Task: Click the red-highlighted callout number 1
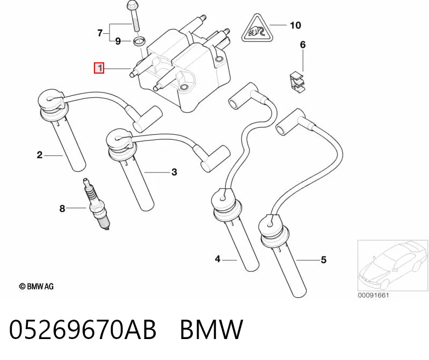click(99, 68)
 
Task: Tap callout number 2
click(40, 155)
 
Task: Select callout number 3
click(174, 172)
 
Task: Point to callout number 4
click(217, 258)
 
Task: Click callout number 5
click(324, 260)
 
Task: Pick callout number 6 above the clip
click(303, 45)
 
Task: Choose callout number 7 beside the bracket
click(100, 33)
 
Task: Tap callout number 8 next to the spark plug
click(62, 208)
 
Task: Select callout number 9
click(118, 41)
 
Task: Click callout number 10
click(295, 25)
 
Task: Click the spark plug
click(97, 204)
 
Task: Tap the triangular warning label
click(258, 29)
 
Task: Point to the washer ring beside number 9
click(139, 42)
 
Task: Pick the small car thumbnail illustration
click(392, 265)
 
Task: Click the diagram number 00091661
click(373, 296)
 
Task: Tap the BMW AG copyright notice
click(37, 286)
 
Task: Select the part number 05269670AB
click(83, 329)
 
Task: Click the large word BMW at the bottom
click(212, 329)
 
